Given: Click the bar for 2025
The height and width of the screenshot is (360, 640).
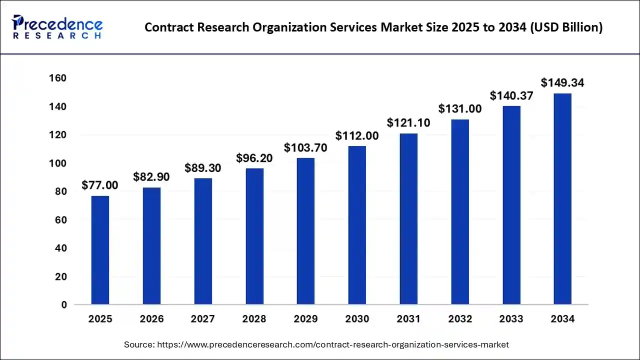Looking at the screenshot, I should [100, 250].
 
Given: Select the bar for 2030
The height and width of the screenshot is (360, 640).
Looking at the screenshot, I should [357, 225].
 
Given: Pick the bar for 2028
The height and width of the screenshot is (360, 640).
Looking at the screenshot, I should [254, 236].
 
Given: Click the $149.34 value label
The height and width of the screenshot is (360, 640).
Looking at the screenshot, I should [562, 82].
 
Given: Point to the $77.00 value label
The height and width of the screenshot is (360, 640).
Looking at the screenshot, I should [100, 185].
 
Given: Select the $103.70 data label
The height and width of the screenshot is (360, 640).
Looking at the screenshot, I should [306, 147].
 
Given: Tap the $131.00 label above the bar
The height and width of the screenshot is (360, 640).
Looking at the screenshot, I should [460, 108].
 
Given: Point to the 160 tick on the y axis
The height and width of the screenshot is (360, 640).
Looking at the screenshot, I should [57, 78].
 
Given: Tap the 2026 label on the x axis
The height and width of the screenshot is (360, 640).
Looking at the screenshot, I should [151, 319].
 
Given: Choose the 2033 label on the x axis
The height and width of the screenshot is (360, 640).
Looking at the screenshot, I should [511, 319].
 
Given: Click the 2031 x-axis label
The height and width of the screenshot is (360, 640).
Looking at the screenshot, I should [408, 319].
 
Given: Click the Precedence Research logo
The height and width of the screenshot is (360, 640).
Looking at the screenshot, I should [58, 27].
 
